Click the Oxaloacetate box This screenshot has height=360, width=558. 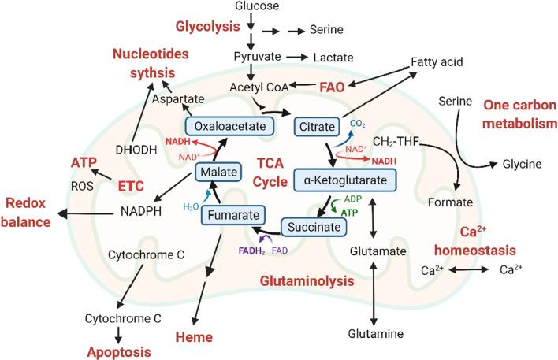click(223, 125)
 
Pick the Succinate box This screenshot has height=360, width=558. click(315, 228)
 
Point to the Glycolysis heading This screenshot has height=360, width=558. click(206, 27)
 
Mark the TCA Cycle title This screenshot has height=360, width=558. click(274, 173)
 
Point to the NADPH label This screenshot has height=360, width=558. click(143, 212)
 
